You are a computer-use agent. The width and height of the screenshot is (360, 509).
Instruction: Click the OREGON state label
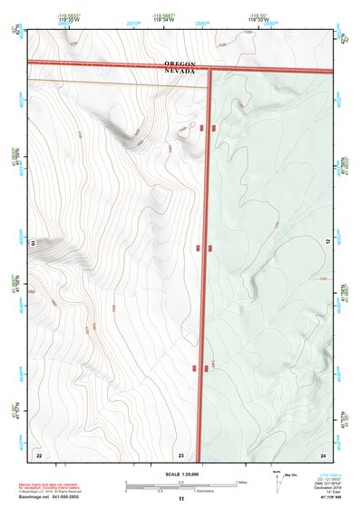point(180,63)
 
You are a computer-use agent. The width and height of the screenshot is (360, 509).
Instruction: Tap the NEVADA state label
point(180,72)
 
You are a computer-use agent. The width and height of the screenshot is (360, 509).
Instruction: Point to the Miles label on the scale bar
point(243,482)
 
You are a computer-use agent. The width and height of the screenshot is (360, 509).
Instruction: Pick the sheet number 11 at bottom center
point(180,499)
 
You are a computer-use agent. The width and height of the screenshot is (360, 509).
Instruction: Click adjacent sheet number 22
point(38,454)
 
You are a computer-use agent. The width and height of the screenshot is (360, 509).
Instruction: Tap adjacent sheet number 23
point(180,454)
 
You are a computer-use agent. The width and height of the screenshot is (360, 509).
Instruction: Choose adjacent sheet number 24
point(323,454)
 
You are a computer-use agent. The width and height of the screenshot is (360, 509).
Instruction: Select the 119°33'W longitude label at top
point(259,17)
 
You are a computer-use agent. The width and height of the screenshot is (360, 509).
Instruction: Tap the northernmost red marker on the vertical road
point(213,129)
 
